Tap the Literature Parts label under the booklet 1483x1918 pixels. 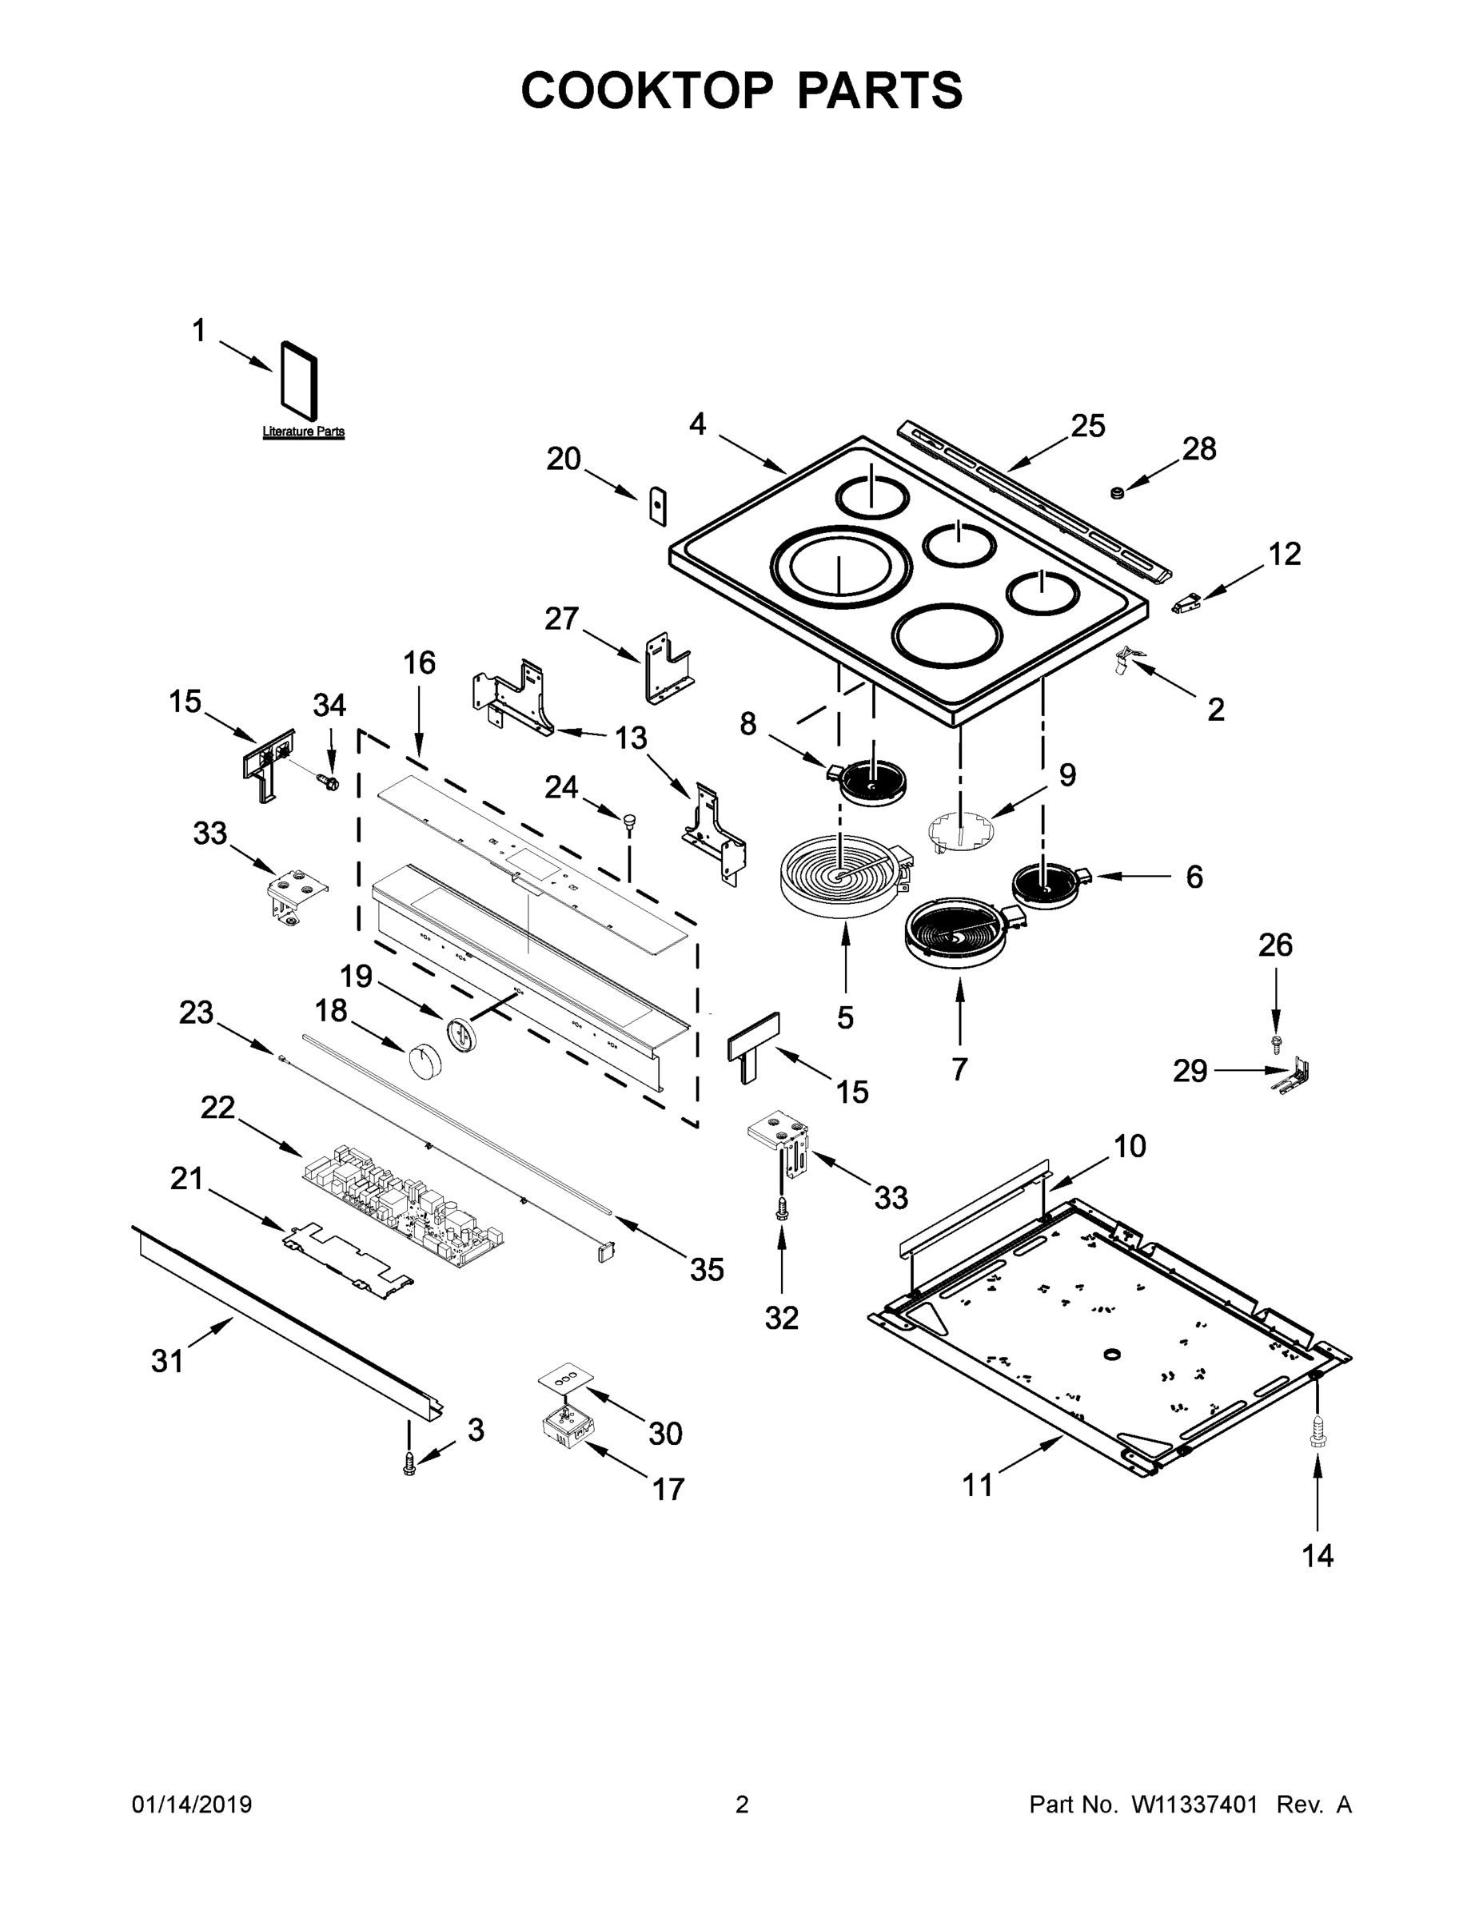click(303, 432)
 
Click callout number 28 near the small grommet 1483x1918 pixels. click(1199, 449)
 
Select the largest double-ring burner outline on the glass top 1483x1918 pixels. click(835, 567)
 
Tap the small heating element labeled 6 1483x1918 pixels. click(1047, 883)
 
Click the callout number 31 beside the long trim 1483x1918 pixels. click(168, 1361)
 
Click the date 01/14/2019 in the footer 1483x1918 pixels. click(192, 1805)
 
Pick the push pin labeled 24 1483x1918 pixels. click(629, 820)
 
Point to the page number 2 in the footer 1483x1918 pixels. click(742, 1805)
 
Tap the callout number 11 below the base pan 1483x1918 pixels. click(978, 1485)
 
